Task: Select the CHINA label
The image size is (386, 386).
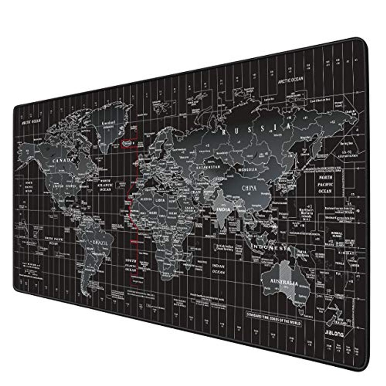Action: point(249,188)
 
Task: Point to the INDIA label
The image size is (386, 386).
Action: point(223,209)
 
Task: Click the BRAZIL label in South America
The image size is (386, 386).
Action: point(98,243)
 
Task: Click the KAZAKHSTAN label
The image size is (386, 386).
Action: point(207,167)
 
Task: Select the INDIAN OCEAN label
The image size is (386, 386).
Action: point(218,269)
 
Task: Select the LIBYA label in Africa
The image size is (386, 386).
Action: point(161,200)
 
